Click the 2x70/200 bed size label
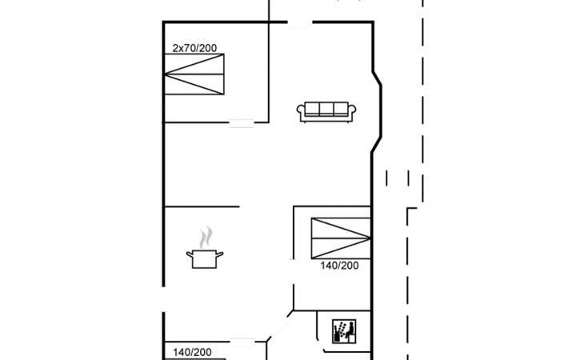pos(194,48)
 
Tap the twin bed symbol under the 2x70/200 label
pos(194,74)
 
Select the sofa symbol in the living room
pos(326,112)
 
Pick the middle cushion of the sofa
pos(326,109)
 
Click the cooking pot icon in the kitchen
pos(205,259)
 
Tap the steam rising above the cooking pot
pos(206,237)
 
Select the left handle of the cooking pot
pos(190,254)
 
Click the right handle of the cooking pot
pos(220,254)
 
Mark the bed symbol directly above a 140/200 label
pos(341,238)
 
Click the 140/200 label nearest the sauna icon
pos(339,266)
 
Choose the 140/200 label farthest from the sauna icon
pos(192,352)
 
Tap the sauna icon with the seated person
pos(344,331)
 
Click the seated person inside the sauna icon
pos(350,330)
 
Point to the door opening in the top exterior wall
pos(300,22)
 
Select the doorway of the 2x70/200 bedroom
pos(242,122)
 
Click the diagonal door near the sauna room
pos(279,326)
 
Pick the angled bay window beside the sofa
pos(377,112)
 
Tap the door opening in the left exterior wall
pos(163,299)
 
